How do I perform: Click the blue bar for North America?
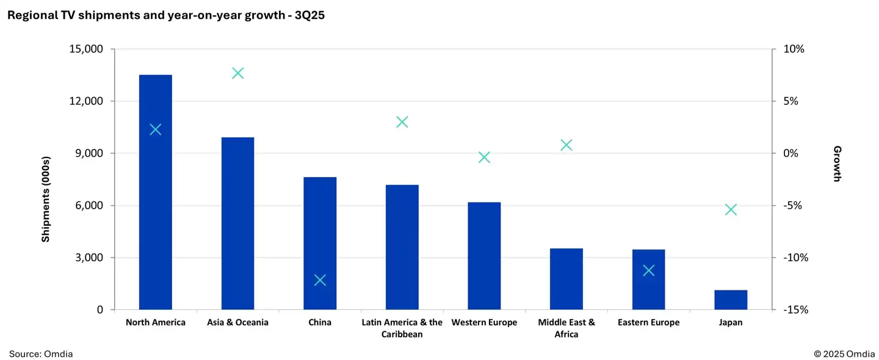point(155,192)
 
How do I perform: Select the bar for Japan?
point(731,300)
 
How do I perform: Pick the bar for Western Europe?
point(484,256)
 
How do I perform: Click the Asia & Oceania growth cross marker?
point(237,73)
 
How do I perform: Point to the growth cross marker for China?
point(320,280)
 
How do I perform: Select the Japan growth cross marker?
point(731,210)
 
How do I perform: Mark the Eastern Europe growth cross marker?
point(648,270)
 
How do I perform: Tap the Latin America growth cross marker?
point(402,122)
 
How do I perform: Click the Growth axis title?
point(837,164)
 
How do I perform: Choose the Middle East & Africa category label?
point(566,328)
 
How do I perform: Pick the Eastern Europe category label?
point(648,322)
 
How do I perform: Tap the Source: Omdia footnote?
point(41,353)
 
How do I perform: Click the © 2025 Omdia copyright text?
point(844,353)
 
